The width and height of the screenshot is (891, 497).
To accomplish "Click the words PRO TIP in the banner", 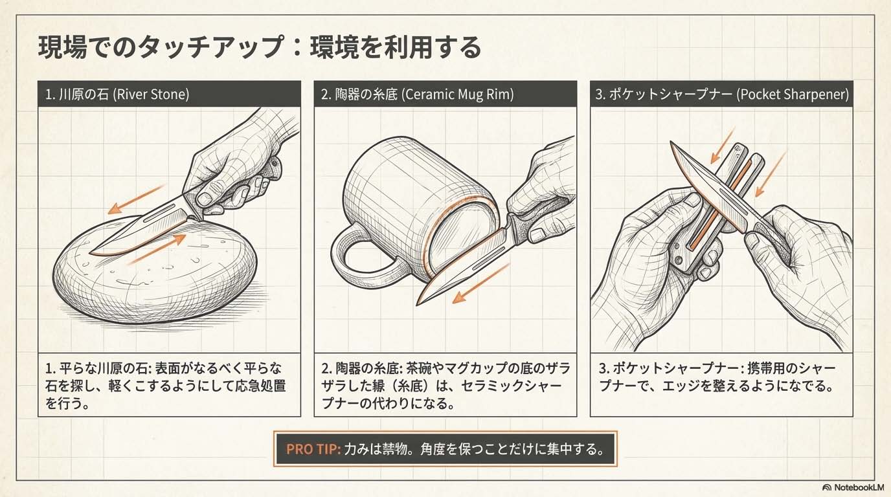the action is tap(313, 449).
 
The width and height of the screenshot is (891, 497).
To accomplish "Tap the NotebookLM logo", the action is tap(855, 487).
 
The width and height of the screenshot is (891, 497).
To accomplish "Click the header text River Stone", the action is tap(151, 94).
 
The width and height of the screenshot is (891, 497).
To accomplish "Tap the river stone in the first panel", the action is tap(155, 274).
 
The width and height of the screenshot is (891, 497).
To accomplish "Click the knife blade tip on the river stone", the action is tap(90, 252).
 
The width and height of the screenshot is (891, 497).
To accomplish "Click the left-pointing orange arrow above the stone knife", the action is tap(137, 199).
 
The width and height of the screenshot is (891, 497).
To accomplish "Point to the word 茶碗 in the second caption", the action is tap(419, 368).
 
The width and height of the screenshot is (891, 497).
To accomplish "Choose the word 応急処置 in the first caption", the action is tap(260, 386).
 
